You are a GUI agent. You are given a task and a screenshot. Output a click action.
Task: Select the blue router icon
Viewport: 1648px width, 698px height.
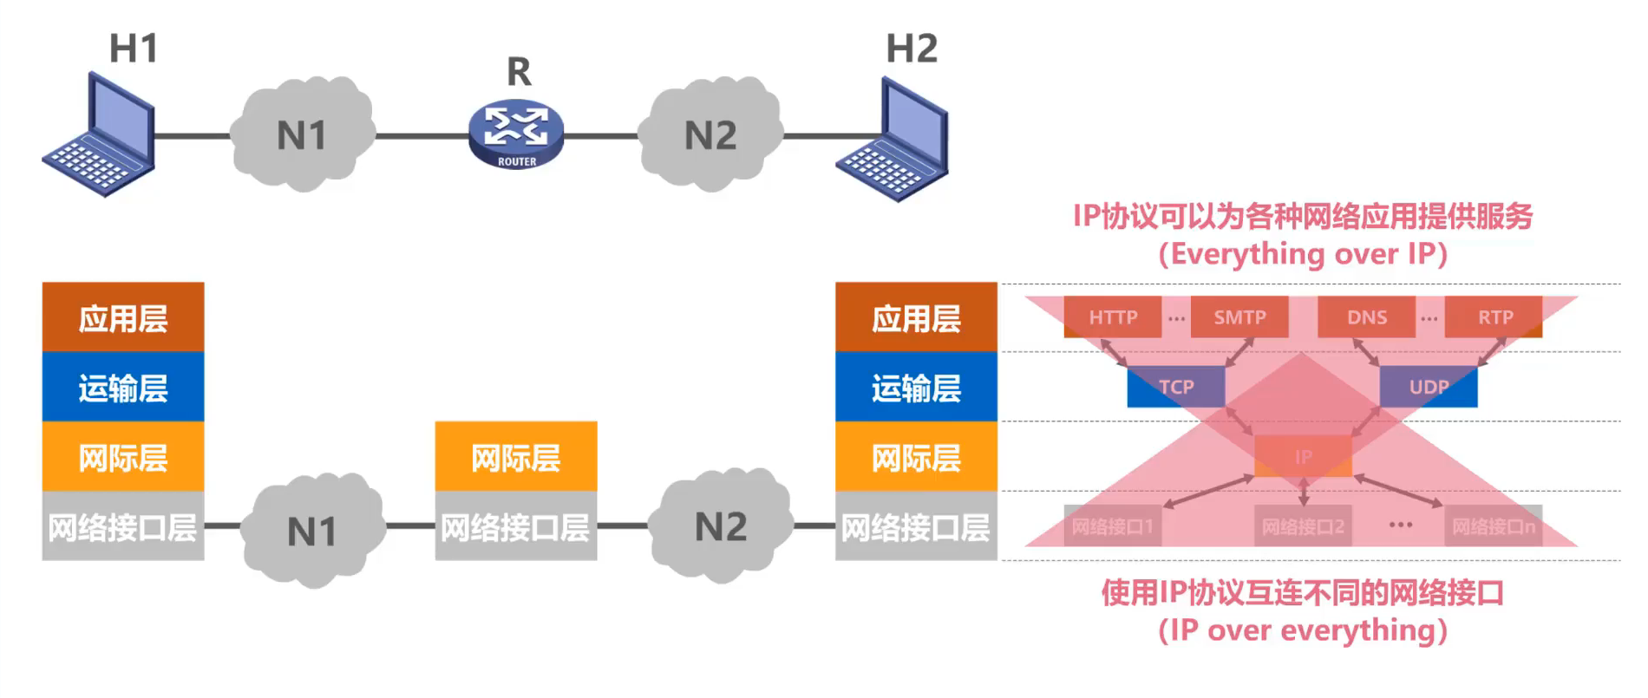tap(516, 134)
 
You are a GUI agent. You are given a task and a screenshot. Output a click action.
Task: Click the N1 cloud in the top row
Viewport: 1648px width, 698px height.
tap(302, 134)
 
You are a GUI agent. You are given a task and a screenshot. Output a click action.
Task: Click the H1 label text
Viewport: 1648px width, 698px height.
tap(134, 49)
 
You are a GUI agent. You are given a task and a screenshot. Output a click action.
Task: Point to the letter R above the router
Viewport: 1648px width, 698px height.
tap(519, 72)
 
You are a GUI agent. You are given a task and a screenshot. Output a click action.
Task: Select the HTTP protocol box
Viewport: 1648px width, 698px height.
tap(1113, 317)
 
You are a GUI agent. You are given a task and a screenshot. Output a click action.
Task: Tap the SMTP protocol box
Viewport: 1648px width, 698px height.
tap(1239, 317)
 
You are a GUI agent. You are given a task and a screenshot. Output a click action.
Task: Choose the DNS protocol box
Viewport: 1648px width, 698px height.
tap(1366, 317)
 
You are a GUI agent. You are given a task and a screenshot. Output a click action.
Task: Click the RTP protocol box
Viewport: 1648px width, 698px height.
tap(1494, 317)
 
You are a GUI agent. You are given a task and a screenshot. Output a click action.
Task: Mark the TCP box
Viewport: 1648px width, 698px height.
tap(1176, 387)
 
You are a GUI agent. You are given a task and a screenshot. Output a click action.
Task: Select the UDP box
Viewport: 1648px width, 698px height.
tap(1429, 387)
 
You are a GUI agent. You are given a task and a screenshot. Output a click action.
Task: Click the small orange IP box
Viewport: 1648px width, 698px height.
tap(1303, 457)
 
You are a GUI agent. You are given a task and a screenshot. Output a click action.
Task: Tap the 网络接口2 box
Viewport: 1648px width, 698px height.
tap(1303, 526)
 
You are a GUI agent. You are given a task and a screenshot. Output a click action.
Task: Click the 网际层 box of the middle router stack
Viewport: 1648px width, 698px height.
tap(516, 457)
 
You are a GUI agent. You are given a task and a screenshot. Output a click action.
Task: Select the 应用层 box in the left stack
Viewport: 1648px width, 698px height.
tap(123, 317)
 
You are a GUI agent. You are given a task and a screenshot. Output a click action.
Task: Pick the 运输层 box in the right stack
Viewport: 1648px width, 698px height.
tap(916, 387)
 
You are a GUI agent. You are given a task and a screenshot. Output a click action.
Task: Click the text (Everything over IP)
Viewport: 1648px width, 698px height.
tap(1303, 254)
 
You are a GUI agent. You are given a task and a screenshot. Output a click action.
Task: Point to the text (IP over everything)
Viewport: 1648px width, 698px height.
tap(1303, 630)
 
